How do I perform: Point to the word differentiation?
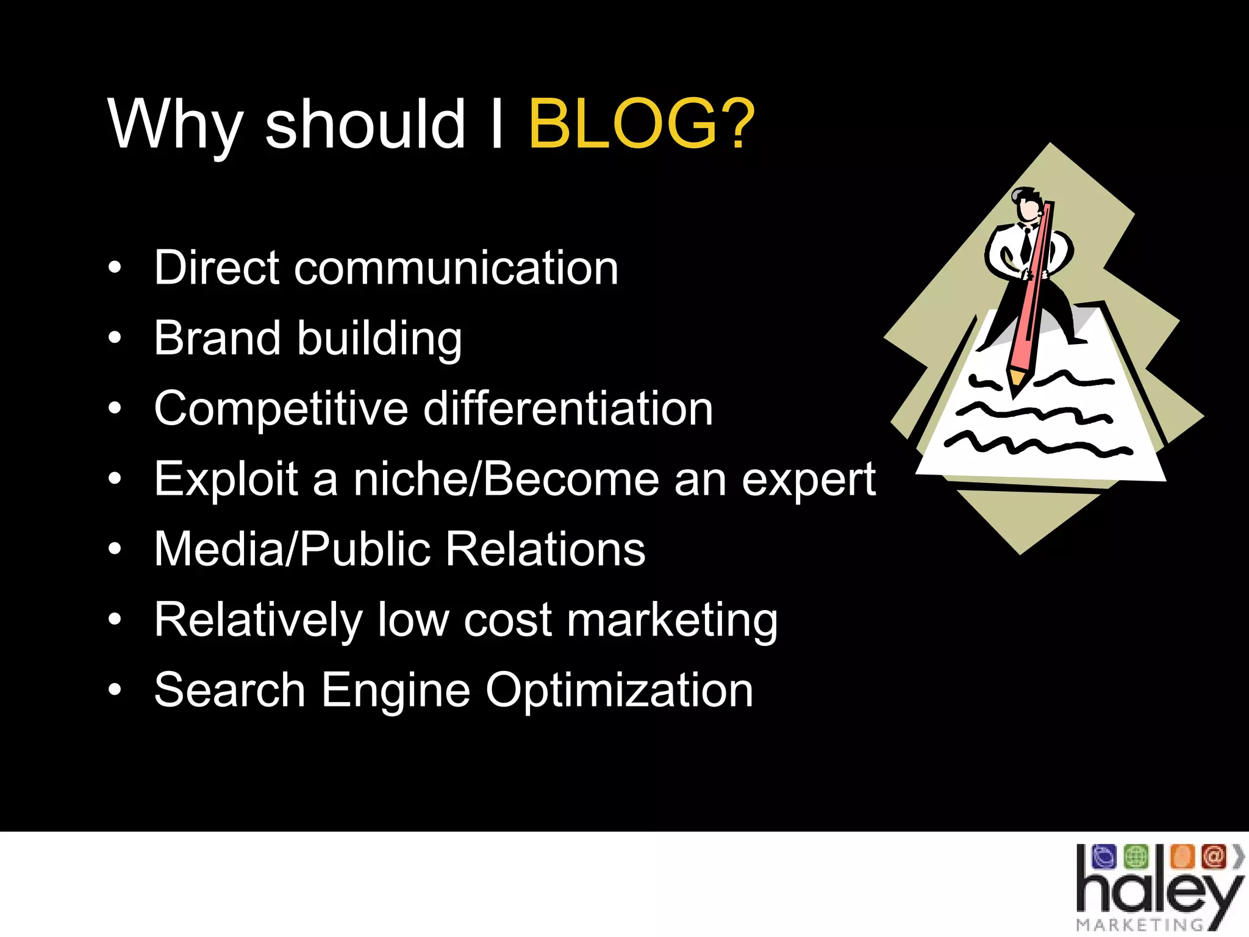[568, 409]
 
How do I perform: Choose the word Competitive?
[281, 409]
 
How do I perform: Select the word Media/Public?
[292, 549]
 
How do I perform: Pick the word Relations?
[545, 549]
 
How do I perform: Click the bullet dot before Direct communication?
[115, 268]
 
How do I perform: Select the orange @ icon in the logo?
[1214, 856]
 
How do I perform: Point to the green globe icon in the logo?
[1136, 856]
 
